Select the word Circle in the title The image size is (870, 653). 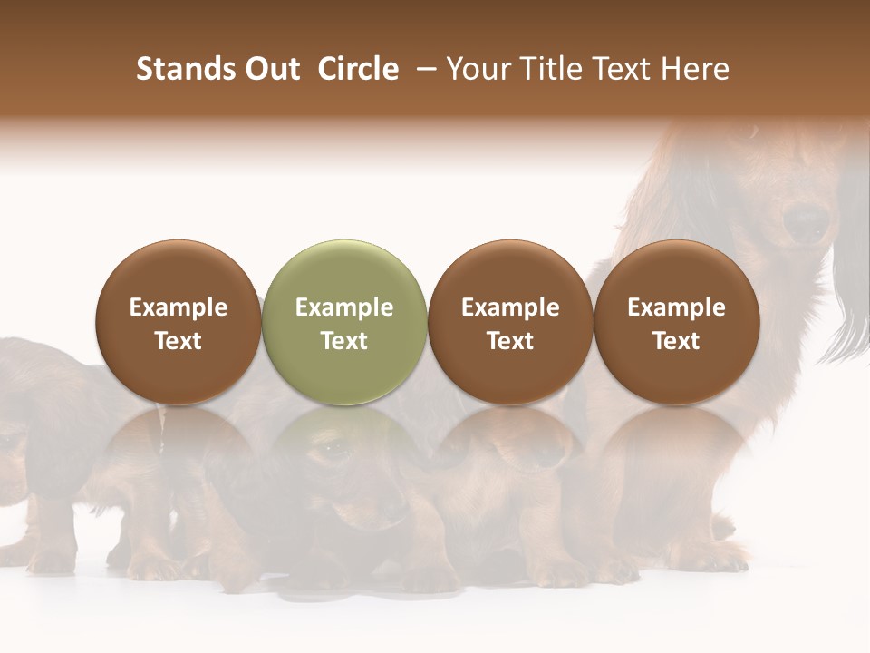(358, 69)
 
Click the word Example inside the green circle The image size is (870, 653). (344, 307)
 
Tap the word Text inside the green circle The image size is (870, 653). (344, 341)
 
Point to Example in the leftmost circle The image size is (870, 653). (179, 307)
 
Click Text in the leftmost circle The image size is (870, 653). (179, 341)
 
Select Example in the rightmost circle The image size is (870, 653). (676, 307)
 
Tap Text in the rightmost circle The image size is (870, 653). (676, 341)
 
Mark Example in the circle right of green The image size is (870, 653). (510, 307)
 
